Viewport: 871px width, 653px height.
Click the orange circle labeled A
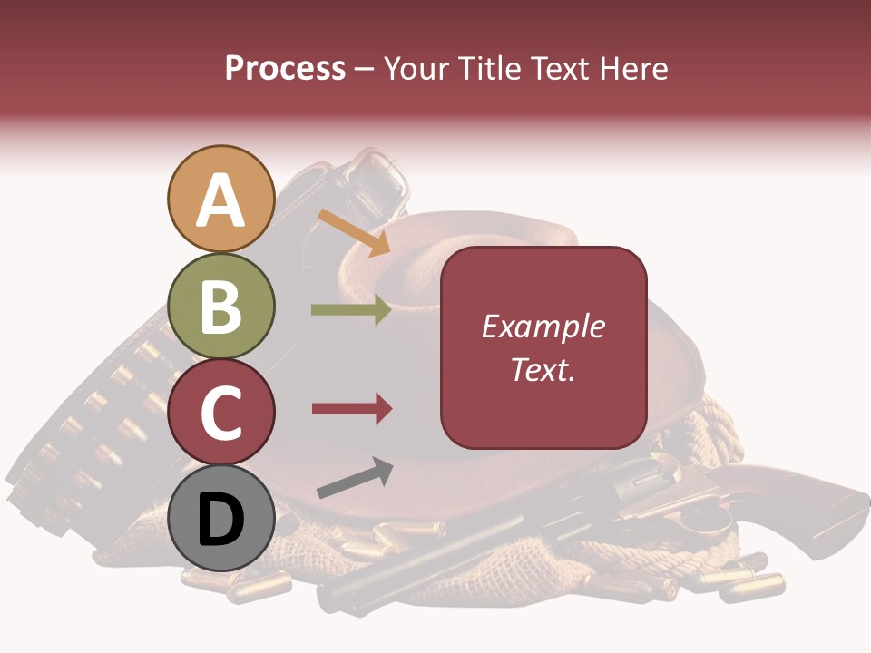coord(220,200)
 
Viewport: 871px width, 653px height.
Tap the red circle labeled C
coord(220,413)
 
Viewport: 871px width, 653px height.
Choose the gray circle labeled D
coord(220,519)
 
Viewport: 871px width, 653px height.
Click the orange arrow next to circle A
coord(354,231)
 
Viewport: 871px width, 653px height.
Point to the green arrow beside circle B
coord(351,310)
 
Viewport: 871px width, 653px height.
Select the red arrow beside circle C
coord(351,409)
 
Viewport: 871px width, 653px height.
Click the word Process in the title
coord(285,68)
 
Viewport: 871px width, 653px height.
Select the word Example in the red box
coord(543,326)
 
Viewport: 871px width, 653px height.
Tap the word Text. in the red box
coord(543,369)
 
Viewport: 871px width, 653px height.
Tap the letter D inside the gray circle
coord(220,520)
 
